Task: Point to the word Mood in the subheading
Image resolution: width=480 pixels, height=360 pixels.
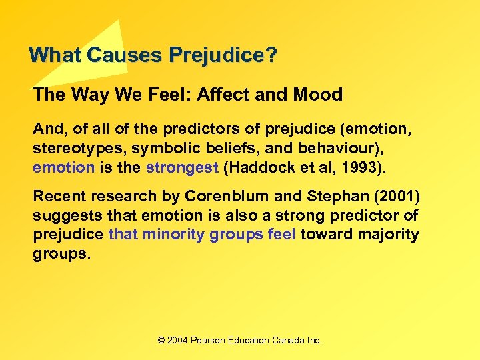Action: [317, 95]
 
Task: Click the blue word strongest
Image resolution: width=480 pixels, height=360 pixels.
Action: [182, 167]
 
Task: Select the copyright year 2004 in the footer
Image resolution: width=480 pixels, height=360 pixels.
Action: [177, 341]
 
